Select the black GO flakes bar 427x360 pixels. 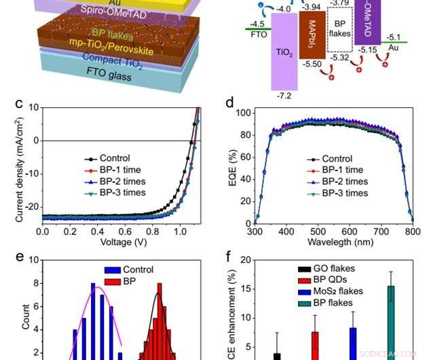click(x=278, y=356)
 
